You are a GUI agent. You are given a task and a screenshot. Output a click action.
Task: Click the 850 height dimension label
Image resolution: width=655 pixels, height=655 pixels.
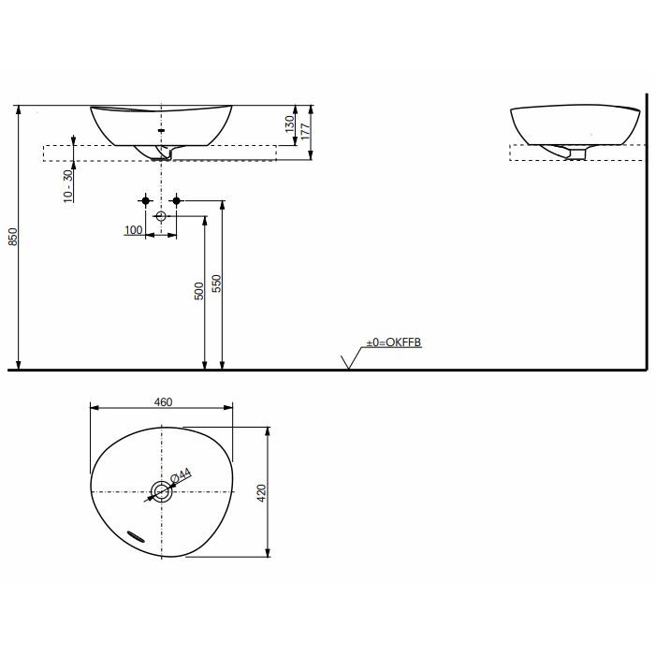(x=12, y=238)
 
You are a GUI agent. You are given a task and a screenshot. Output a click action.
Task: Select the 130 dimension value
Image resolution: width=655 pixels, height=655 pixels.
(x=290, y=122)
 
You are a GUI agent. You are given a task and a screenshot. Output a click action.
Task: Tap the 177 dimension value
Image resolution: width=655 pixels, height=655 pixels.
(x=305, y=131)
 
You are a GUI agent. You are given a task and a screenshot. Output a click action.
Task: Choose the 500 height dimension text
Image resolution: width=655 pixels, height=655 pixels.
(x=198, y=292)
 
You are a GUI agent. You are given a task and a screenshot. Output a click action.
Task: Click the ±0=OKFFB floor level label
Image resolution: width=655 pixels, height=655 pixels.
(x=394, y=343)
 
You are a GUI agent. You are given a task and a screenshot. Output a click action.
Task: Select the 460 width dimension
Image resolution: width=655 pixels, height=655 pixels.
(x=162, y=401)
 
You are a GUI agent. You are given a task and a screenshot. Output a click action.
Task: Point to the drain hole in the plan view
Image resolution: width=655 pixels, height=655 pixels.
(x=161, y=491)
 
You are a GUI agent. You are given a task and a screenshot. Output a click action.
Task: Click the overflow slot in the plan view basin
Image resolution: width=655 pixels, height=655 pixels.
(x=136, y=533)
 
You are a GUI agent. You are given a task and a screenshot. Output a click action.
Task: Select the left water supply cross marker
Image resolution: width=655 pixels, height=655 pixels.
(x=145, y=200)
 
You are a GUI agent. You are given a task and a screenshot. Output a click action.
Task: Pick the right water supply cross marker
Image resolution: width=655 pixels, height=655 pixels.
(x=175, y=200)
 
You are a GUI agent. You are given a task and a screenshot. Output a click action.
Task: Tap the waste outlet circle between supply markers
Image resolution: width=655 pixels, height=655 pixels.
(x=160, y=217)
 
